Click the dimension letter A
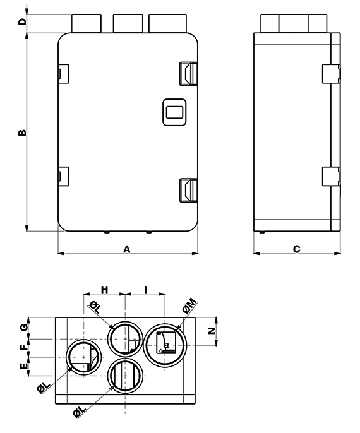tap(126, 249)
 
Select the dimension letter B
tap(22, 133)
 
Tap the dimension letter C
tap(296, 249)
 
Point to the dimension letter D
tap(22, 21)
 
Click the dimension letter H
tap(104, 290)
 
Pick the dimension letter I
tap(146, 290)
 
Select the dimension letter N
tap(212, 331)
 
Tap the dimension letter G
tap(25, 328)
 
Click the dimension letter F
tap(25, 347)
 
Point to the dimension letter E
tap(25, 366)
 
